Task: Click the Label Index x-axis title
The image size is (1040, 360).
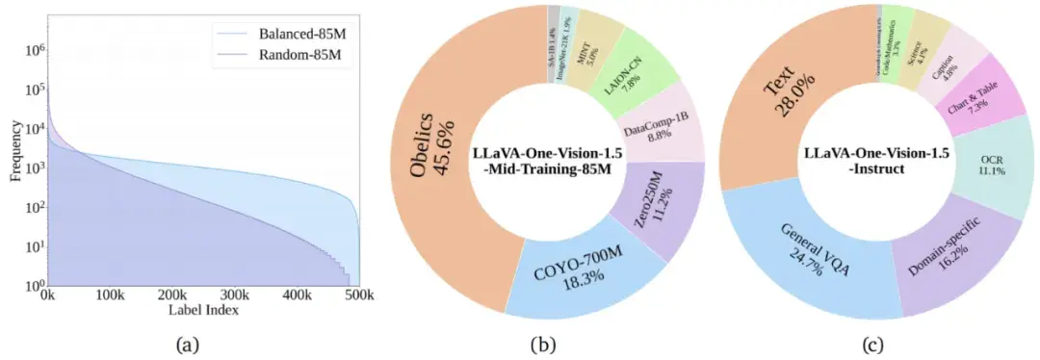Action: [x=203, y=310]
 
